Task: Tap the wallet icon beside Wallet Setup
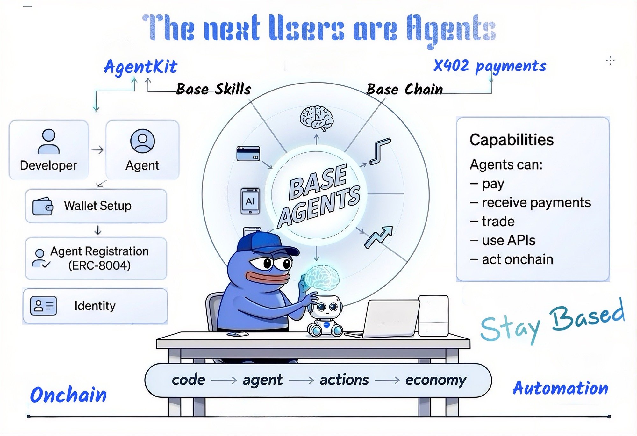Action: (x=43, y=206)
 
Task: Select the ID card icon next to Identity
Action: (x=44, y=306)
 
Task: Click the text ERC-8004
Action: (x=99, y=265)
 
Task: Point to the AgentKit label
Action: (x=140, y=67)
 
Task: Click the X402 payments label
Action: (x=490, y=66)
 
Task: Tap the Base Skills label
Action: (x=213, y=89)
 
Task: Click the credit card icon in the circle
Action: (x=248, y=154)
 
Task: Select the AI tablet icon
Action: (x=250, y=201)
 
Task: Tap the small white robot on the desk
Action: (x=325, y=316)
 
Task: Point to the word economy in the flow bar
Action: (x=435, y=380)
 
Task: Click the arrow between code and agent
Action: (x=224, y=380)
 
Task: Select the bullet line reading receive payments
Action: (x=530, y=203)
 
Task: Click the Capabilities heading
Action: (x=512, y=140)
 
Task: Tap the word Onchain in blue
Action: (x=68, y=395)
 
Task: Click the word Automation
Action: (x=560, y=388)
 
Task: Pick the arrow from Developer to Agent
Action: (x=97, y=150)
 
